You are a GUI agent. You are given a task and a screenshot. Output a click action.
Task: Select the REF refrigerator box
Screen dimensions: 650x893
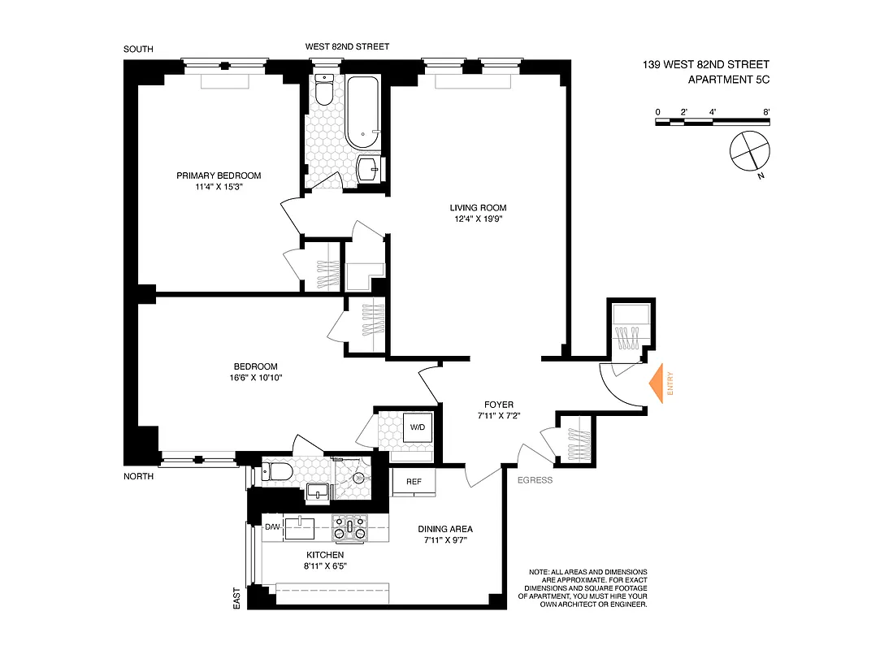tap(414, 482)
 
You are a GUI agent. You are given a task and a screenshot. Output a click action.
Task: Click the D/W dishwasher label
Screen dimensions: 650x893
tap(272, 528)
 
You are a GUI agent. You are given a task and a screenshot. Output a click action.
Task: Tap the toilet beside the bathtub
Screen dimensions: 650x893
tap(323, 92)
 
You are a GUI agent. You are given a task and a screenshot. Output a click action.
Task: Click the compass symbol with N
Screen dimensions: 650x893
tap(748, 153)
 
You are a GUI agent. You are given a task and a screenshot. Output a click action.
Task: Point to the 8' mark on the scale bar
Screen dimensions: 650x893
tap(766, 111)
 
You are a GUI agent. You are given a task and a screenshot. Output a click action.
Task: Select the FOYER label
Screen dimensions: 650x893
tap(498, 405)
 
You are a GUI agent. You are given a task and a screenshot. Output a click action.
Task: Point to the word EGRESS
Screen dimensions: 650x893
tap(535, 480)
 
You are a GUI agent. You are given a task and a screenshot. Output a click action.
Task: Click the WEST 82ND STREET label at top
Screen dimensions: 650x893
tap(347, 47)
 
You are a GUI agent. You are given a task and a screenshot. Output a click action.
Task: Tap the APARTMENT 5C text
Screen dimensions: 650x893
tap(728, 80)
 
